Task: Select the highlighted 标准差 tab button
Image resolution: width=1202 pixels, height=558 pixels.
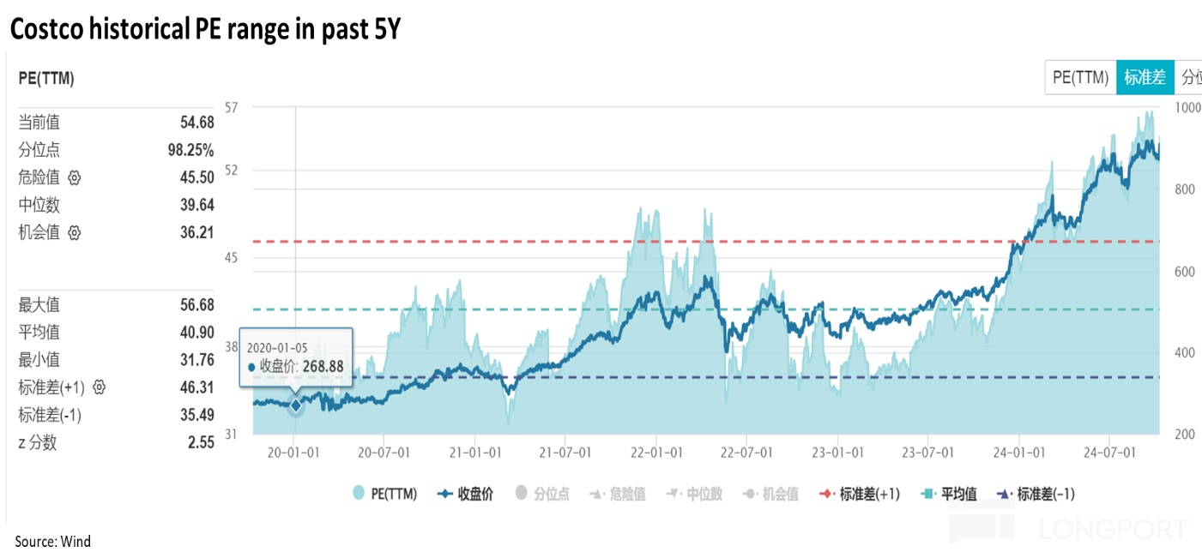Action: pyautogui.click(x=1145, y=77)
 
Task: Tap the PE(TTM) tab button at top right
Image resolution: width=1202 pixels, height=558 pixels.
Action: pyautogui.click(x=1080, y=77)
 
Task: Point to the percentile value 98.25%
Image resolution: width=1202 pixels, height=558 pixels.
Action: pyautogui.click(x=190, y=150)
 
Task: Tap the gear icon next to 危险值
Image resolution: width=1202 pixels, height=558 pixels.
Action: pyautogui.click(x=74, y=178)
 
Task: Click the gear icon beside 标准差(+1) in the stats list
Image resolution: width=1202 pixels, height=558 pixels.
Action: pyautogui.click(x=99, y=387)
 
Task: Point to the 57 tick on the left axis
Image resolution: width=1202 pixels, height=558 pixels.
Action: pyautogui.click(x=230, y=107)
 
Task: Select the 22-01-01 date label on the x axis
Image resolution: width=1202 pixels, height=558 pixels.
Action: pyautogui.click(x=656, y=452)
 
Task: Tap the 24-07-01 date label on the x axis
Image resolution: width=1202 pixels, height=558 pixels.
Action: pyautogui.click(x=1108, y=452)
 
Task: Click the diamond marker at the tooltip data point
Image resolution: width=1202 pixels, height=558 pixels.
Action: pyautogui.click(x=295, y=405)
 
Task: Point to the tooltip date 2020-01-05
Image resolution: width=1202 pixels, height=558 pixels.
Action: pyautogui.click(x=277, y=347)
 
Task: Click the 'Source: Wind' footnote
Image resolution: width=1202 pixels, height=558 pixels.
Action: pyautogui.click(x=52, y=541)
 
